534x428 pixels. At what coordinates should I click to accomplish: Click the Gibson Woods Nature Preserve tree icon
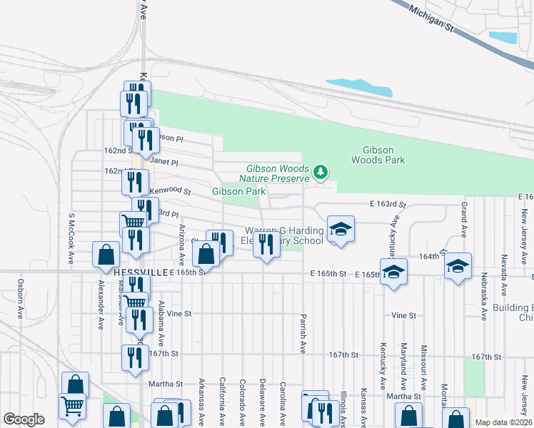pos(321,171)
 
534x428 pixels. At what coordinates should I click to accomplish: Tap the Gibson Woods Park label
pos(378,155)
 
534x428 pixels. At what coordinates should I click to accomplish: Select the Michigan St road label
pos(431,17)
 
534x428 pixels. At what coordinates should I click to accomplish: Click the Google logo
pos(24,419)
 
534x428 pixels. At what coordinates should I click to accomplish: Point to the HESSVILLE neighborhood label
pos(141,272)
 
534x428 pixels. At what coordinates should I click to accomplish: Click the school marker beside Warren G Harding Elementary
pos(341,229)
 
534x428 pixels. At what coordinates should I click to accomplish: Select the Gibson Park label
pos(238,191)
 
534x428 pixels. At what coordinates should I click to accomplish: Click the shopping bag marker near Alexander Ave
pos(106,254)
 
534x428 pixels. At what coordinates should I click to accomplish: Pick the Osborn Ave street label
pos(19,297)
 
